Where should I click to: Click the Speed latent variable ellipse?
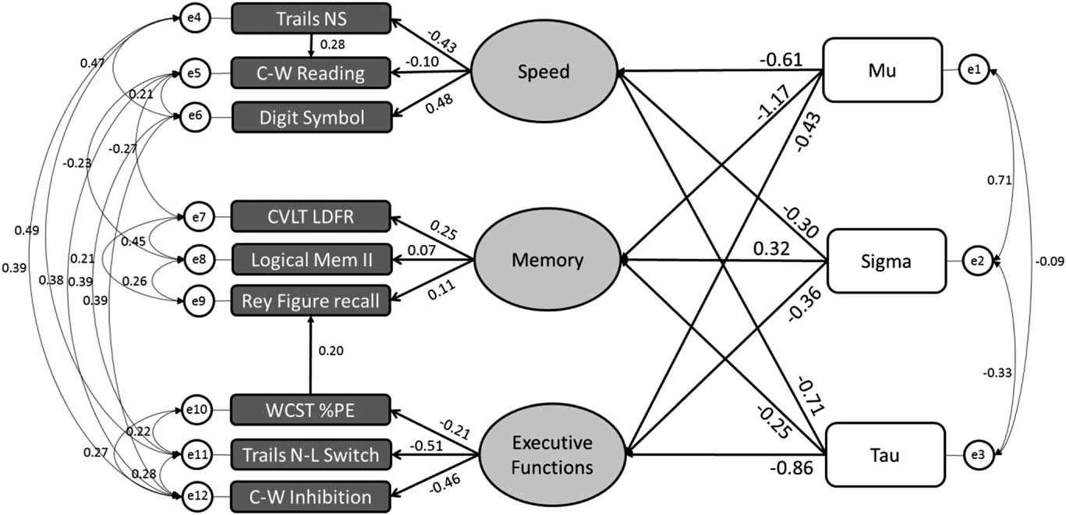(x=544, y=73)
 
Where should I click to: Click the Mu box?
(x=882, y=69)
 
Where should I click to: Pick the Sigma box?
(x=882, y=261)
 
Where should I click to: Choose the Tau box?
(x=882, y=455)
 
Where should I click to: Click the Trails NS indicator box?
(x=310, y=18)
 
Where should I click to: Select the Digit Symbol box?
(x=310, y=118)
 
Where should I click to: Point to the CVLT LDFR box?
(x=310, y=217)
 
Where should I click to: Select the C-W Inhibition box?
(x=310, y=495)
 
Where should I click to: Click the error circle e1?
(x=974, y=70)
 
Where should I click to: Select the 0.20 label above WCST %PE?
(x=331, y=350)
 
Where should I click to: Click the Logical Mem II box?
(x=310, y=260)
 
